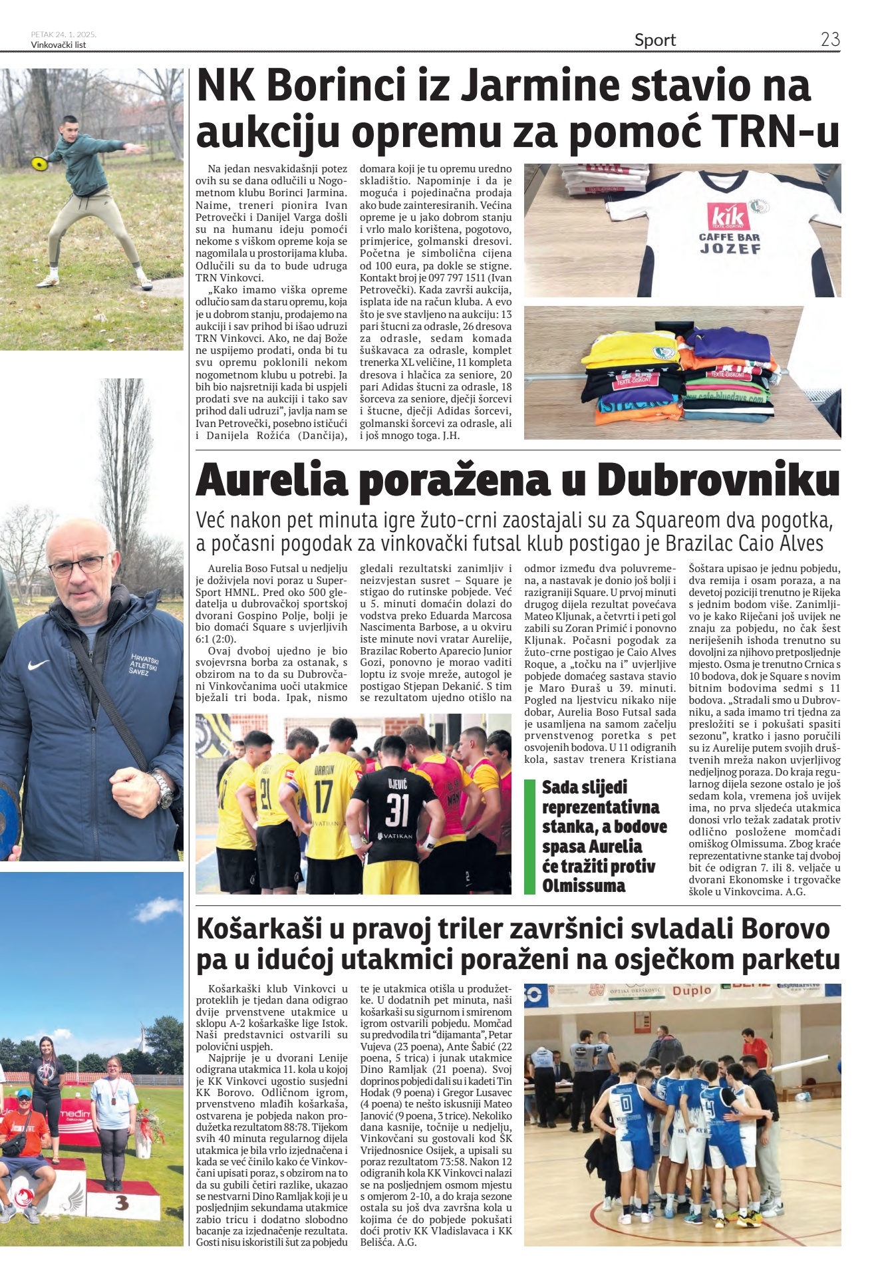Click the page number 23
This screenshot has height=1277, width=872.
pyautogui.click(x=830, y=39)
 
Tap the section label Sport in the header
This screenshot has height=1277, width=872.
pyautogui.click(x=654, y=41)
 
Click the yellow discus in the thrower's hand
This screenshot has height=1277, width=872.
pyautogui.click(x=38, y=162)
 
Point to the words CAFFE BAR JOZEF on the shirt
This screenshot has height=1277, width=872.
pyautogui.click(x=729, y=243)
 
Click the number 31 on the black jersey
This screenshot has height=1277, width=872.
pyautogui.click(x=396, y=809)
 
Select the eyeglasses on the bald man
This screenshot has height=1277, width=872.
pyautogui.click(x=78, y=566)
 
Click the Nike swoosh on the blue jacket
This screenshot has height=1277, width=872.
pyautogui.click(x=38, y=664)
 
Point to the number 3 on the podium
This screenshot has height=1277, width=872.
pyautogui.click(x=121, y=1203)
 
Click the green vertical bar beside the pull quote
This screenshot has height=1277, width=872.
pyautogui.click(x=529, y=836)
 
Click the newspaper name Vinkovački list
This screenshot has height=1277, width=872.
pyautogui.click(x=59, y=45)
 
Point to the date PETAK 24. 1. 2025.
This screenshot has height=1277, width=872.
pyautogui.click(x=63, y=34)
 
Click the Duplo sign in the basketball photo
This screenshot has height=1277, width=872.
pyautogui.click(x=692, y=990)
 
